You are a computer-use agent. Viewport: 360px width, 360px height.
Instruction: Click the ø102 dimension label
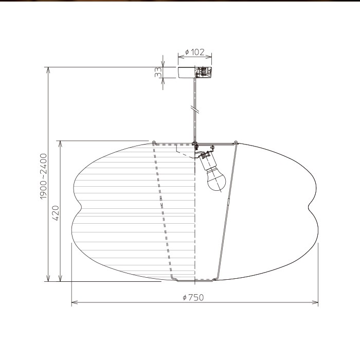195,52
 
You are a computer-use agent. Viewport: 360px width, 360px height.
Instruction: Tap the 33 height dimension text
158,72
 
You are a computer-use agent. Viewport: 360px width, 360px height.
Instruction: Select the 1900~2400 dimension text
43,176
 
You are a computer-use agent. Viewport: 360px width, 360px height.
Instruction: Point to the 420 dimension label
56,213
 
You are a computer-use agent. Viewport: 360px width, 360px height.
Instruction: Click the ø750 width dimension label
193,297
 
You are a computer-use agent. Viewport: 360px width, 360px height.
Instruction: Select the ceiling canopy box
195,73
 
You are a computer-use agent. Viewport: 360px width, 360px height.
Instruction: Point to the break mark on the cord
195,109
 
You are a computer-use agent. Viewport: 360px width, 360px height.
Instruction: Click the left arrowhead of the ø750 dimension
75,302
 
